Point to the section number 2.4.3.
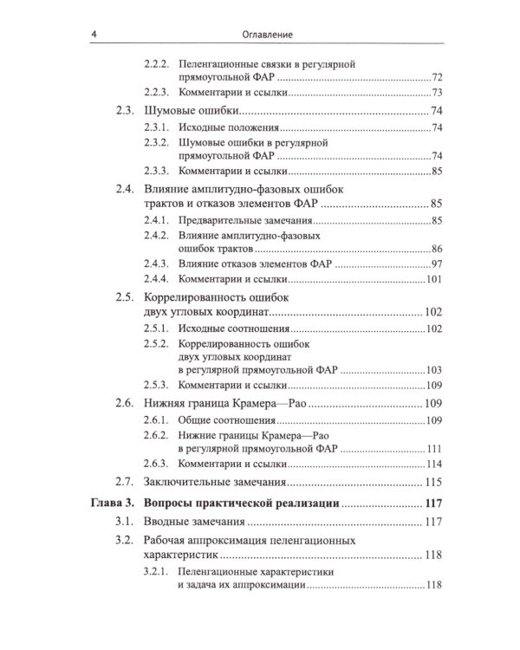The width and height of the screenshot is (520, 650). [157, 264]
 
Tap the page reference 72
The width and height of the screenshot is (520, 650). [437, 78]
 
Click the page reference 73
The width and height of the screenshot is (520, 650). [437, 93]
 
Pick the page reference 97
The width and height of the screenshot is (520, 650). [437, 264]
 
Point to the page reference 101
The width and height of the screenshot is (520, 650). [434, 280]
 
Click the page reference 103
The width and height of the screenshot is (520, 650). [434, 369]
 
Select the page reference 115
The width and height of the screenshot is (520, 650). [433, 483]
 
